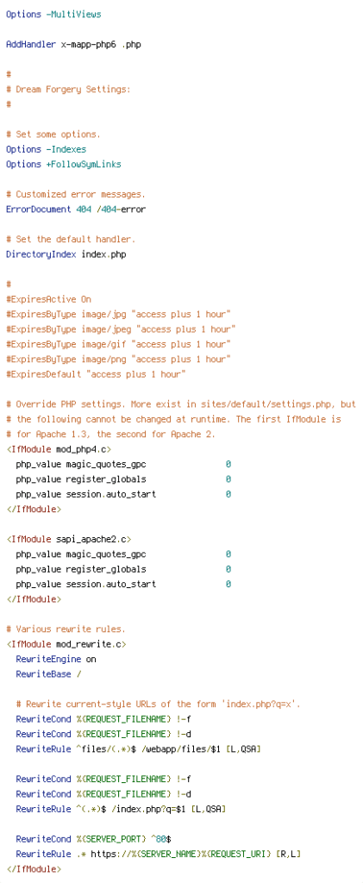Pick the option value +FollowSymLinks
click(84, 165)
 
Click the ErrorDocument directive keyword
click(38, 210)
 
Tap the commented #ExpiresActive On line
click(48, 299)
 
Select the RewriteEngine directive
click(48, 659)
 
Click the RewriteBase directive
click(43, 674)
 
